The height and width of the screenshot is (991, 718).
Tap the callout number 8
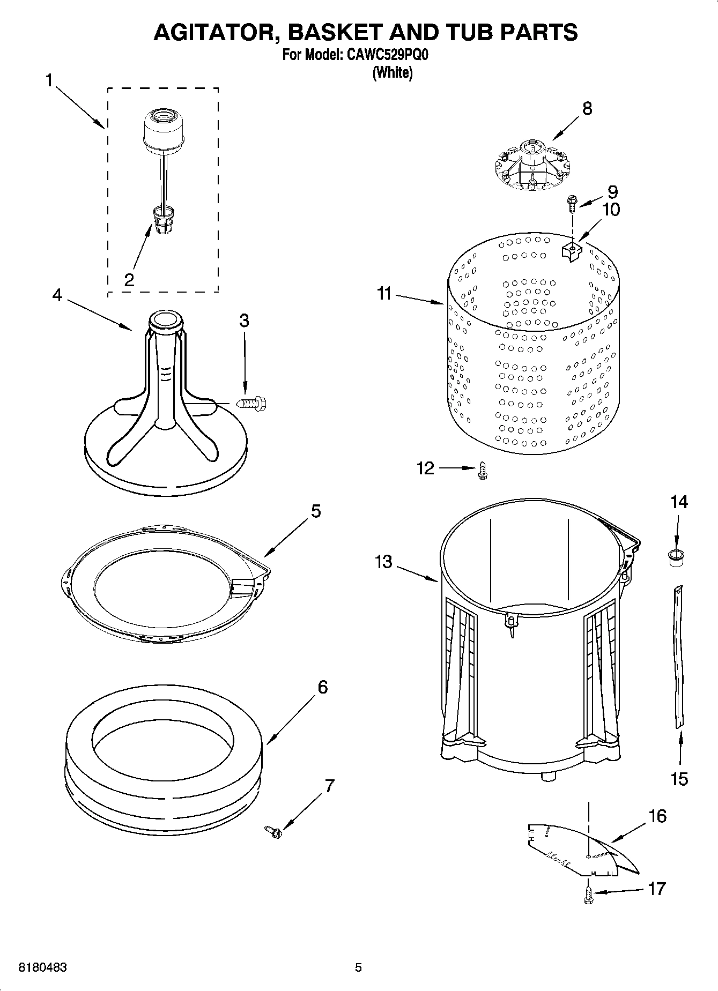coord(587,109)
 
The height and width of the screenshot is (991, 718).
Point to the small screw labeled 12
coord(482,471)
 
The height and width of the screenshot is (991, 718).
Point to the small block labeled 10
coord(572,250)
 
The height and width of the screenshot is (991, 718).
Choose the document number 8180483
coord(43,967)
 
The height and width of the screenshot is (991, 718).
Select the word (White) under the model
coord(393,72)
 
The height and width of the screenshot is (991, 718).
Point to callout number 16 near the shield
coord(657,816)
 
